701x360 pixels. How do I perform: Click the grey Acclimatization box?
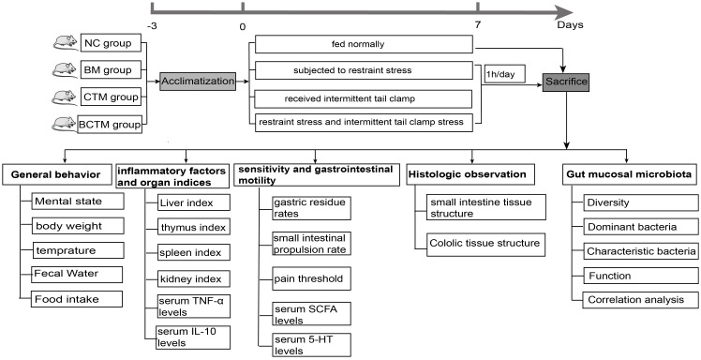[x=198, y=82]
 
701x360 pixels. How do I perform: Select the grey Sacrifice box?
[x=566, y=82]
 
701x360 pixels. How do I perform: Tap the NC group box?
[x=111, y=44]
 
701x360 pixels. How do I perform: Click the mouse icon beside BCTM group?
[x=64, y=124]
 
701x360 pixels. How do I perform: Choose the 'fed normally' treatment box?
[x=364, y=45]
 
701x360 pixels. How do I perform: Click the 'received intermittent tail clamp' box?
[x=364, y=98]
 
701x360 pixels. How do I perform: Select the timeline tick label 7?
[x=478, y=25]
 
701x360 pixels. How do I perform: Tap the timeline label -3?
[x=152, y=25]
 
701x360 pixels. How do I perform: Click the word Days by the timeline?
[x=570, y=24]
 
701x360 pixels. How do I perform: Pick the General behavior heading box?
[x=56, y=175]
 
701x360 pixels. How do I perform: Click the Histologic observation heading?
[x=470, y=174]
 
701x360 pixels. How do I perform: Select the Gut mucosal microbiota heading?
[x=630, y=175]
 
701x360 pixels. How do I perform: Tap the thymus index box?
[x=194, y=227]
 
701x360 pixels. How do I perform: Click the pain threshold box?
[x=311, y=278]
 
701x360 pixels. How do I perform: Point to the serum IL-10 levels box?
[x=194, y=337]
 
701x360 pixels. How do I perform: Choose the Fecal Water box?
[x=77, y=275]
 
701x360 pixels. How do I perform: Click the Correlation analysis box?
[x=640, y=300]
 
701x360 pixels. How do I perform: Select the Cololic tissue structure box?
[x=485, y=244]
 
